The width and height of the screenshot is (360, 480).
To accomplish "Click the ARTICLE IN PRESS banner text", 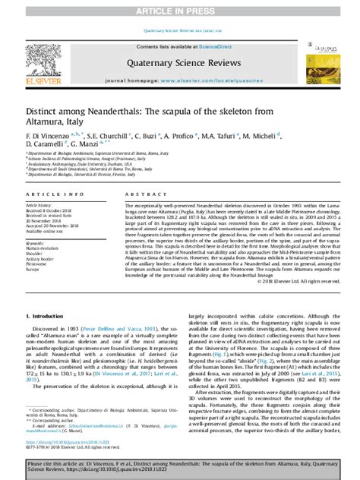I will point(180,11).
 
